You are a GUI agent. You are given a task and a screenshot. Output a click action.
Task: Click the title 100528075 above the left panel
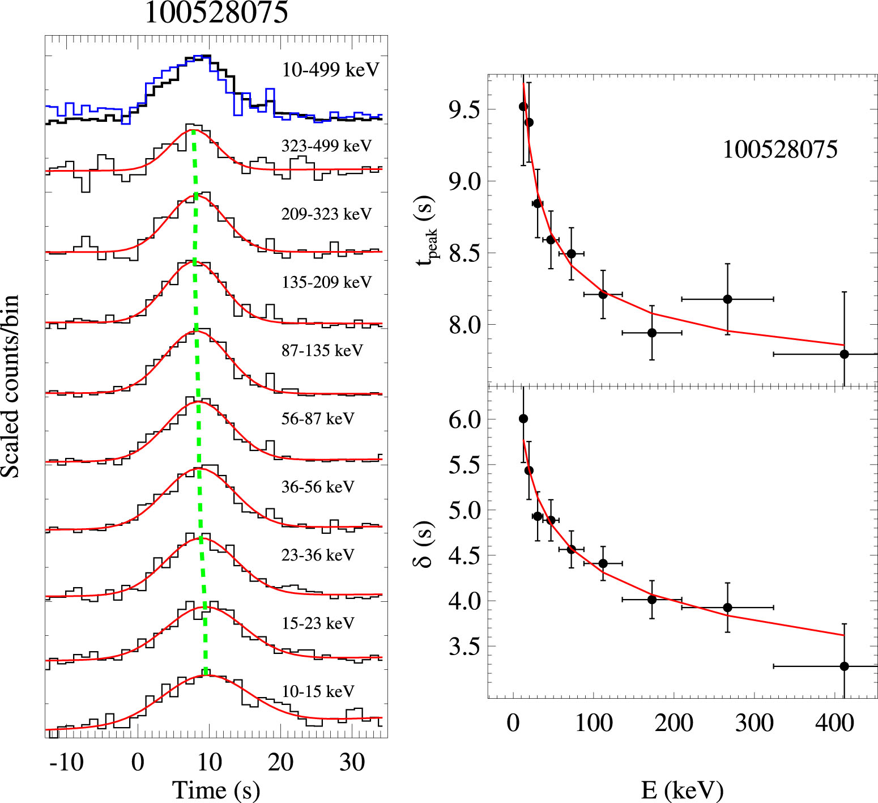click(x=216, y=12)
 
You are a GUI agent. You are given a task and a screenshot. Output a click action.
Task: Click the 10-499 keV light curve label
click(x=330, y=70)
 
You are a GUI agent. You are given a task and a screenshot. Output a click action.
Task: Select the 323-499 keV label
click(x=326, y=146)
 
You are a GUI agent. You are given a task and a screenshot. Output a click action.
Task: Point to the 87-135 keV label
click(x=322, y=350)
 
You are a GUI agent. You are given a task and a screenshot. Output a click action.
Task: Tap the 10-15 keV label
click(x=318, y=691)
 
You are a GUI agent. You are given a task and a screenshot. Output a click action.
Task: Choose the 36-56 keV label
click(x=318, y=487)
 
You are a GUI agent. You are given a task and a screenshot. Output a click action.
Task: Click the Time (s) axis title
click(x=216, y=789)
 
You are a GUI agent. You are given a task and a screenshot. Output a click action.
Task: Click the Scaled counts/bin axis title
click(x=10, y=386)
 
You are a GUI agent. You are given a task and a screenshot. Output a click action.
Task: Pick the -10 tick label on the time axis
click(x=67, y=763)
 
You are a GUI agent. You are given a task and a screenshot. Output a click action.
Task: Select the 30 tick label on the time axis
click(x=352, y=763)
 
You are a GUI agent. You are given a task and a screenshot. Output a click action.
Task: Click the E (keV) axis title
click(x=682, y=789)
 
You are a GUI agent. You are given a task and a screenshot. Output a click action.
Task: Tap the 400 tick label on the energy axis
click(x=834, y=723)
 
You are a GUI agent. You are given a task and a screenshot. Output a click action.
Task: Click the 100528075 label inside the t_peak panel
click(x=780, y=150)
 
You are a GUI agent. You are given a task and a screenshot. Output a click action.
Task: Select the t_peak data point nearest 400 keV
click(x=844, y=354)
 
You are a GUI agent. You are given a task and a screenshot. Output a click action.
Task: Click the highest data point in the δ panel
click(x=523, y=419)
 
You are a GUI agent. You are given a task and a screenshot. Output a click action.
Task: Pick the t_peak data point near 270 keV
click(x=727, y=299)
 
